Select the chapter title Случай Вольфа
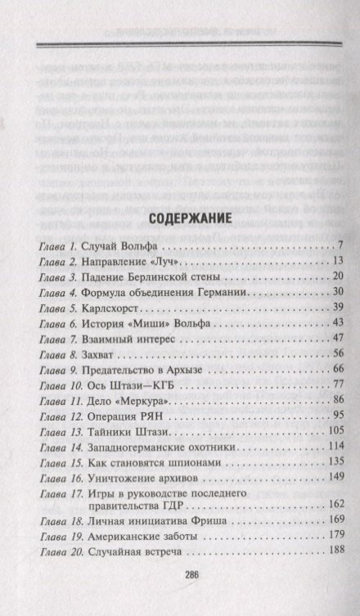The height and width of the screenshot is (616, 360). tap(119, 246)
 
